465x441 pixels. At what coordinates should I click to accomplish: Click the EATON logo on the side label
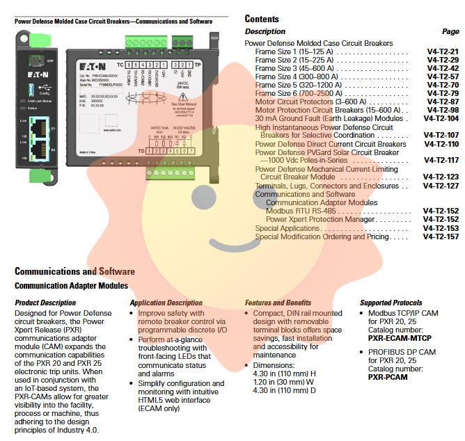(x=107, y=63)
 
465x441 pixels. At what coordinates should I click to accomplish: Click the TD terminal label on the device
(x=141, y=150)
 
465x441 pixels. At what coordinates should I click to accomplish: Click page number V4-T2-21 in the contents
(x=443, y=51)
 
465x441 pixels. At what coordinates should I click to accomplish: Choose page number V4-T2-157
(x=443, y=236)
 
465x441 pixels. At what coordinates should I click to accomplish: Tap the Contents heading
(x=262, y=19)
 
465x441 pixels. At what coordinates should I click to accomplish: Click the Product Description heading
(x=45, y=303)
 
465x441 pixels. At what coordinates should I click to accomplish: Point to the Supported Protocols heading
(x=391, y=303)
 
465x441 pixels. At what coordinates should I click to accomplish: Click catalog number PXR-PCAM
(x=388, y=376)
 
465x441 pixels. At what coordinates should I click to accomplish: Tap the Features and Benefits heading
(x=278, y=303)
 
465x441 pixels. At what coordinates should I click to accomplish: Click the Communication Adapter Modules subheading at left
(x=71, y=285)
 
